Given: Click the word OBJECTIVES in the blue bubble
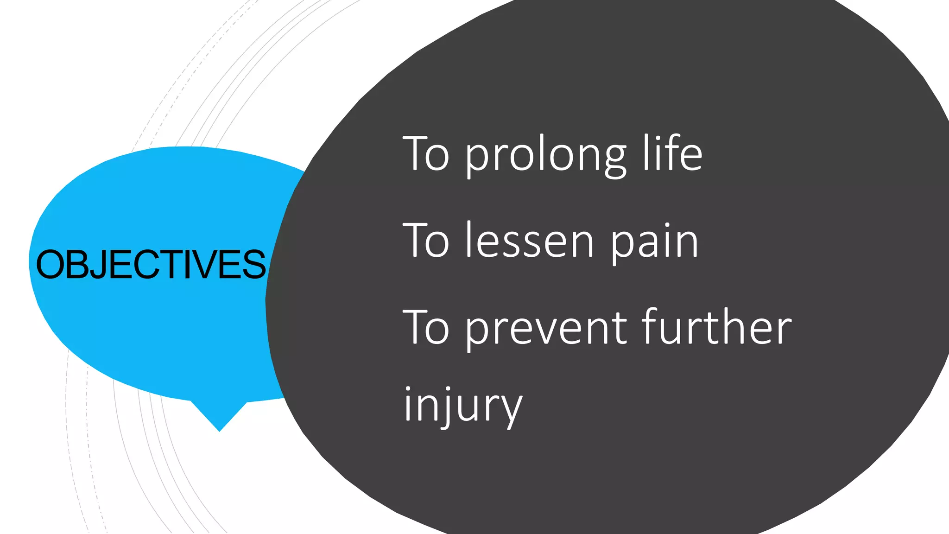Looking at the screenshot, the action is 151,264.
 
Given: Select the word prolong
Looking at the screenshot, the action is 546,156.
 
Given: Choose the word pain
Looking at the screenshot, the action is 654,243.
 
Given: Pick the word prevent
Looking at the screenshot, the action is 546,329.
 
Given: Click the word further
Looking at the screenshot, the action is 717,326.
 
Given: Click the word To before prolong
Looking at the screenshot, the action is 426,153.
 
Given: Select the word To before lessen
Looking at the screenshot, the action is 426,240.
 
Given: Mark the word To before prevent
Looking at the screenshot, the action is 426,327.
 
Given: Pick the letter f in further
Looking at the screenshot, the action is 652,326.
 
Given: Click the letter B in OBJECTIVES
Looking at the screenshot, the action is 77,265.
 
